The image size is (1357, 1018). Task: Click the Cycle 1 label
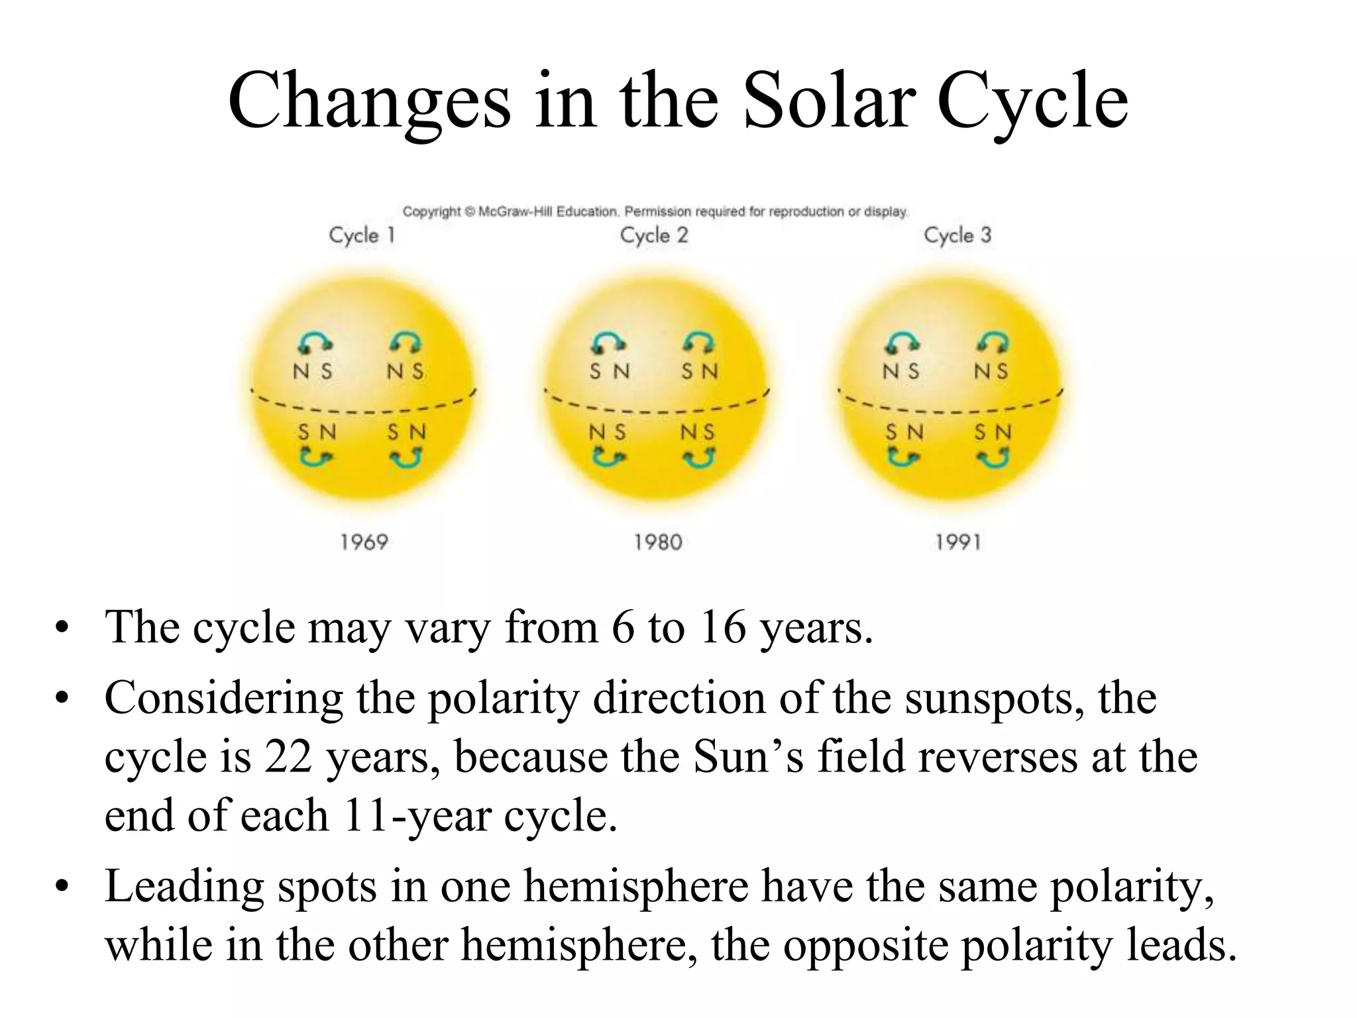coord(362,235)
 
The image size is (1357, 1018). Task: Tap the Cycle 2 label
coord(654,235)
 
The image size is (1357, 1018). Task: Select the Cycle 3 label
coord(957,235)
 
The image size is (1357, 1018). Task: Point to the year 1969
coord(364,543)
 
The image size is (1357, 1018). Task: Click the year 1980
coord(658,543)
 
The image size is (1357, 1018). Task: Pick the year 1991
coord(958,543)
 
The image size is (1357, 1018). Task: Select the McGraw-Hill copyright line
coord(655,212)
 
